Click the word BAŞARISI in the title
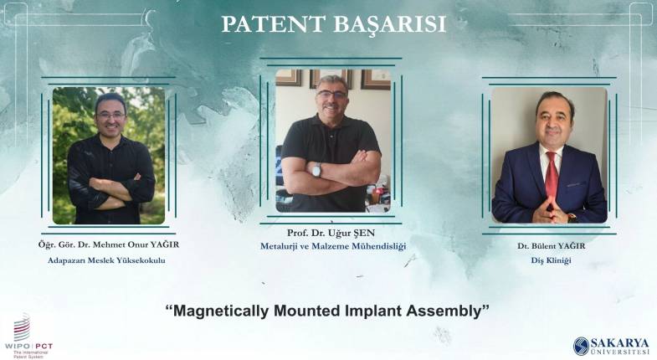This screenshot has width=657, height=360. click(390, 25)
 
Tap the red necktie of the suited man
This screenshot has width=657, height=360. click(552, 176)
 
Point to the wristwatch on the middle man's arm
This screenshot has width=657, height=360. click(316, 170)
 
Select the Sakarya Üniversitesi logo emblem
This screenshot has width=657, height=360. click(581, 346)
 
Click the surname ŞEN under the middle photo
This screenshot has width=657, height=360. click(364, 233)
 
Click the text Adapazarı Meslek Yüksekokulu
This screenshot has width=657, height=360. click(106, 260)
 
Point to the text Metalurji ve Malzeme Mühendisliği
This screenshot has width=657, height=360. click(333, 246)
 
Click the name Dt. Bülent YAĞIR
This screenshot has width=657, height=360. click(551, 246)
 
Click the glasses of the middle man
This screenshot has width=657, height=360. click(332, 95)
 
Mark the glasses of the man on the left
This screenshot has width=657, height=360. click(110, 115)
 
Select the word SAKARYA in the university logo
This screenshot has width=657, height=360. click(619, 342)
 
